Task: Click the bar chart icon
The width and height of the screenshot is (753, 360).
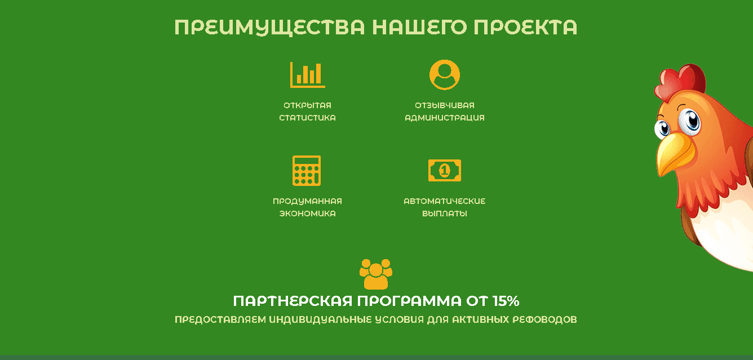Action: point(307,74)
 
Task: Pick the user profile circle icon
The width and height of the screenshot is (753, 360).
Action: point(444,74)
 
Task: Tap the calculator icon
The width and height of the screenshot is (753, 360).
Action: point(307,170)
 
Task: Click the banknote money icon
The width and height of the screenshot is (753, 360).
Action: point(444,170)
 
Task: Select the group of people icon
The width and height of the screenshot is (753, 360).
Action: point(375,274)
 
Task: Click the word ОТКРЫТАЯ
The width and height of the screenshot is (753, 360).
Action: point(307,105)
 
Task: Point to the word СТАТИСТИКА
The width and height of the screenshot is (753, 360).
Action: point(307,118)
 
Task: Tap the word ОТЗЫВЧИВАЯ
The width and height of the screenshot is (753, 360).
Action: point(444,105)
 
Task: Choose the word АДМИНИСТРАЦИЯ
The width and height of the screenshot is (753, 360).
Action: point(444,118)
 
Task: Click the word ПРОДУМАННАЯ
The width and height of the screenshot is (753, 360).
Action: point(307,201)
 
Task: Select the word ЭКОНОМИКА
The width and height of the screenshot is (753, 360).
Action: point(307,214)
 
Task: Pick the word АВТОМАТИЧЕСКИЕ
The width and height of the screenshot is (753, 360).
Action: point(444,201)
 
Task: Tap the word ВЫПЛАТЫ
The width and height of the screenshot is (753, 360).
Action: point(444,214)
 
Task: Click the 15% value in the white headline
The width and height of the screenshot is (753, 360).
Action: point(506,300)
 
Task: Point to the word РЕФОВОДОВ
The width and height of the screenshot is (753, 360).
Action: point(544,319)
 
